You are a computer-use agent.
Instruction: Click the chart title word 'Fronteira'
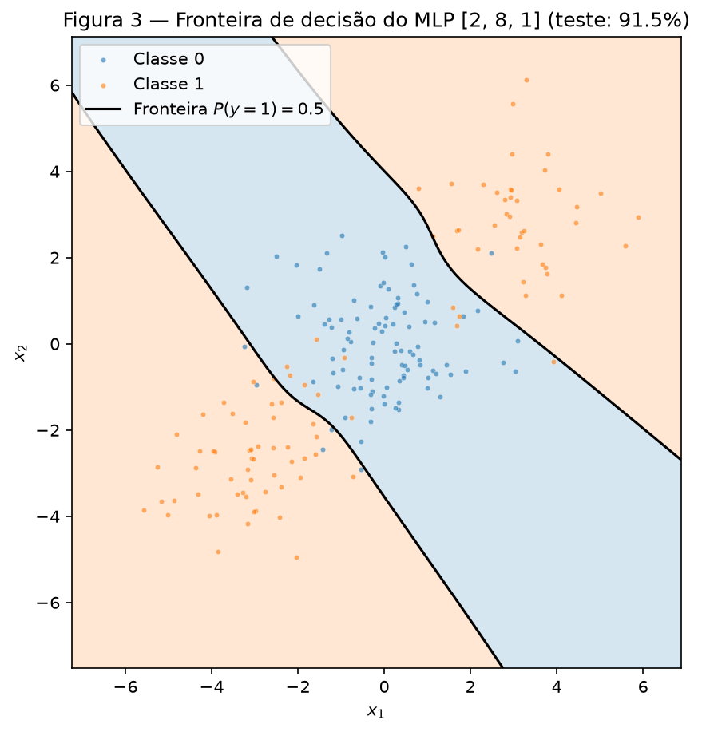pyautogui.click(x=214, y=21)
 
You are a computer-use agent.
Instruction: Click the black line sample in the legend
pyautogui.click(x=103, y=109)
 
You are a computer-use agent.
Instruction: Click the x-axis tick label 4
pyautogui.click(x=557, y=686)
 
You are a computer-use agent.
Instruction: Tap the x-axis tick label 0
pyautogui.click(x=384, y=686)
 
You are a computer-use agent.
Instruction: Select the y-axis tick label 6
pyautogui.click(x=56, y=86)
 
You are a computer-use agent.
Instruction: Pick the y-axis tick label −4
pyautogui.click(x=49, y=516)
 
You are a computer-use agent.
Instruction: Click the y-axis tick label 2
pyautogui.click(x=56, y=258)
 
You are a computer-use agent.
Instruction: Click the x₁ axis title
pyautogui.click(x=376, y=711)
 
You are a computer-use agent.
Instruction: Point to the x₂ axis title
pyautogui.click(x=21, y=353)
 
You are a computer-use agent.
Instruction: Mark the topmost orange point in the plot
pyautogui.click(x=526, y=81)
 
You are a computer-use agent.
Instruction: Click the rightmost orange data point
pyautogui.click(x=638, y=218)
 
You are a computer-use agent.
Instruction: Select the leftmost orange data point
pyautogui.click(x=144, y=511)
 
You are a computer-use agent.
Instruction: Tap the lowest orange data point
pyautogui.click(x=296, y=558)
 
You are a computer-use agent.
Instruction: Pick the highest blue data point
pyautogui.click(x=342, y=235)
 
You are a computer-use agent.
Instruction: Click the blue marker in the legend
pyautogui.click(x=103, y=60)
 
